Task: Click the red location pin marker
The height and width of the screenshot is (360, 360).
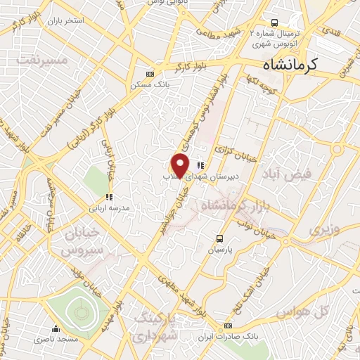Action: (x=181, y=165)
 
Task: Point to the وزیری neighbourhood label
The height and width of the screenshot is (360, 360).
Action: (x=323, y=230)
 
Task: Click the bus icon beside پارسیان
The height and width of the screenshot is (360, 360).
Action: (x=220, y=238)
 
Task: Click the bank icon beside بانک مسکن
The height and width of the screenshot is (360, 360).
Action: (x=149, y=74)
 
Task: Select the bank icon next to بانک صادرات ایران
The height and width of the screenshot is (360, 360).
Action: (x=227, y=326)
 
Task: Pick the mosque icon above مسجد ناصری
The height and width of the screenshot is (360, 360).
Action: (x=56, y=328)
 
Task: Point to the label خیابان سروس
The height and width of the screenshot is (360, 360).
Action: (x=79, y=241)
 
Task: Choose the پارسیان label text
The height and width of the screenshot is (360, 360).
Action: (x=220, y=249)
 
